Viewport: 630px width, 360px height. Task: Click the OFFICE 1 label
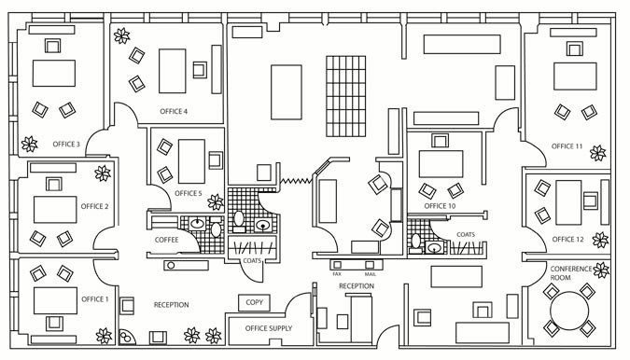pyautogui.click(x=95, y=299)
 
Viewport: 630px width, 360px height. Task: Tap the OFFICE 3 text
pyautogui.click(x=66, y=145)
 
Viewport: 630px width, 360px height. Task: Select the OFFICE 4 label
pyautogui.click(x=174, y=112)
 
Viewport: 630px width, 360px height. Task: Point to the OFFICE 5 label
pyautogui.click(x=187, y=193)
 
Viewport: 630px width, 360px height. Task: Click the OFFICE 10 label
pyautogui.click(x=440, y=206)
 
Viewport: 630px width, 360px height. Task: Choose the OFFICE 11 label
pyautogui.click(x=567, y=146)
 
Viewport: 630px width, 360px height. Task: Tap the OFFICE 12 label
pyautogui.click(x=567, y=240)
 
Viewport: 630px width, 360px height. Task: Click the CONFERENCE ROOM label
pyautogui.click(x=571, y=273)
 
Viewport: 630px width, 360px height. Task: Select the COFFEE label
pyautogui.click(x=167, y=240)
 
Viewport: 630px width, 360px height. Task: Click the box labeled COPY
pyautogui.click(x=254, y=303)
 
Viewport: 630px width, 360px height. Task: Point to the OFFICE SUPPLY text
pyautogui.click(x=268, y=328)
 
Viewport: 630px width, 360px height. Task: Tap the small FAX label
pyautogui.click(x=337, y=274)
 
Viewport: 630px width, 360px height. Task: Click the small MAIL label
pyautogui.click(x=370, y=274)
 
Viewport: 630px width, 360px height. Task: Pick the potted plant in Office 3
pyautogui.click(x=29, y=145)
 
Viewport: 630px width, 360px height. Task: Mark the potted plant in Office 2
pyautogui.click(x=103, y=173)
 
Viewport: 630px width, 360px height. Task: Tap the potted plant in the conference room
pyautogui.click(x=601, y=270)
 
